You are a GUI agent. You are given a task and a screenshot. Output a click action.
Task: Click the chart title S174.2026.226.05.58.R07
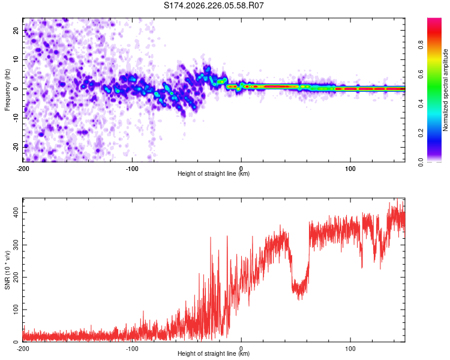tap(214, 5)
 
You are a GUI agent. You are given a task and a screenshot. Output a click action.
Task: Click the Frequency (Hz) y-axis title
tap(7, 90)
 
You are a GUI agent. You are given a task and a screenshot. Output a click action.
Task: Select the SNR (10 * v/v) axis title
tap(7, 270)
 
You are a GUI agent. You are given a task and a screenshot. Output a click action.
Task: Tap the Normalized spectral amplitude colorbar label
tap(445, 90)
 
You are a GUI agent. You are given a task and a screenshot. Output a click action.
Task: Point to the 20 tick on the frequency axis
tap(16, 30)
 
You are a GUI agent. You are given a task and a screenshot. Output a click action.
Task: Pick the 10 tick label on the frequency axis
tap(16, 59)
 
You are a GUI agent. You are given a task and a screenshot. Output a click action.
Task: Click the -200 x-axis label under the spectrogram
tap(23, 169)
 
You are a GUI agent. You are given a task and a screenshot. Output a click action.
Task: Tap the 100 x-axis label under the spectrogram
tap(350, 169)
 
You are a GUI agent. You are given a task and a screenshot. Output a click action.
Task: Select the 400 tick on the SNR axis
tap(16, 213)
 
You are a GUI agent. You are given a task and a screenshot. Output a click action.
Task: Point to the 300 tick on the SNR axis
tap(16, 245)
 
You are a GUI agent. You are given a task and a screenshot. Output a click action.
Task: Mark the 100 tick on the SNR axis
tap(16, 310)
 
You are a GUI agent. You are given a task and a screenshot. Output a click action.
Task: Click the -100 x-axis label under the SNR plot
tap(132, 349)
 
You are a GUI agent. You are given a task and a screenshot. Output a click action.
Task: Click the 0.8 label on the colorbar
tap(421, 45)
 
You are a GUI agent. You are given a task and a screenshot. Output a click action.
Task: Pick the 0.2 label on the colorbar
tap(421, 133)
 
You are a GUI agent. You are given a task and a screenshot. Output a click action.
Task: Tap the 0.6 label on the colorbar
tap(421, 74)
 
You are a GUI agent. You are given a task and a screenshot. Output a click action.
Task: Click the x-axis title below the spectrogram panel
tap(214, 173)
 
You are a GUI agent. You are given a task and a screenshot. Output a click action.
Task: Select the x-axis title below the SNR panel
tap(214, 353)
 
